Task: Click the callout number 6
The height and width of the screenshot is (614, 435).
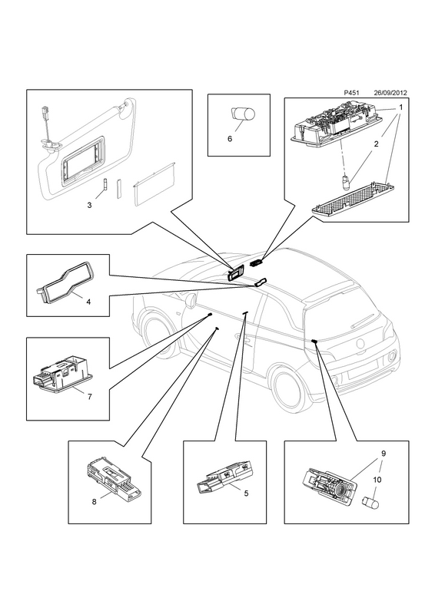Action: click(230, 139)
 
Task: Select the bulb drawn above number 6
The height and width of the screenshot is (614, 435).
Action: click(242, 114)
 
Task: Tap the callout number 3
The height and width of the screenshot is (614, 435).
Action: click(89, 205)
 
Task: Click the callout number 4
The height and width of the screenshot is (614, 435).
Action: click(88, 302)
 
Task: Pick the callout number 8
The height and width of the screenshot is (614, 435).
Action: click(94, 502)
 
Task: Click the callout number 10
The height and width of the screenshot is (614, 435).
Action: click(377, 480)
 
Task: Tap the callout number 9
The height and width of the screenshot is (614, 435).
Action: click(384, 454)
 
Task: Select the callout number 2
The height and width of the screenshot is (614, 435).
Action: click(376, 144)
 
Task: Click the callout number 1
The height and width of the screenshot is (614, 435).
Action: click(401, 107)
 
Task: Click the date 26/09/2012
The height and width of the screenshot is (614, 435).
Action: click(390, 93)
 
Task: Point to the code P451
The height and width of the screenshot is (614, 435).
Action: click(351, 93)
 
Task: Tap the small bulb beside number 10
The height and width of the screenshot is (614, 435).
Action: click(370, 503)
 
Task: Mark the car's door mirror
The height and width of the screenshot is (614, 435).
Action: click(191, 301)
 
